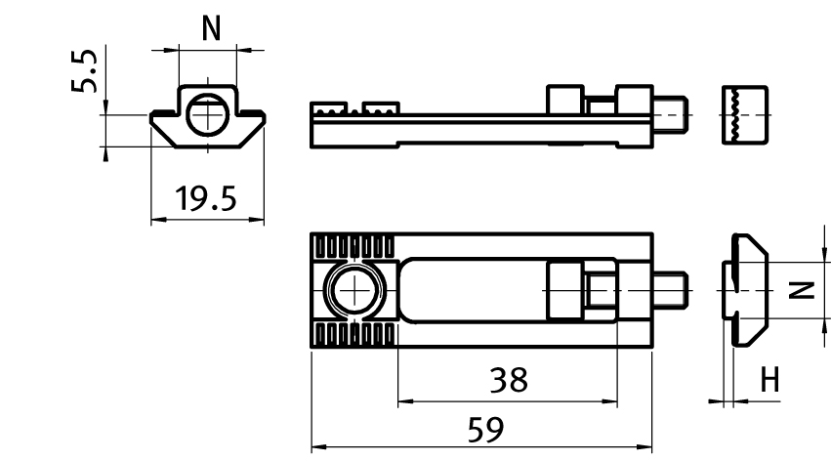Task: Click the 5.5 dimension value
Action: point(84,71)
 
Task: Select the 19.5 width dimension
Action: point(206,198)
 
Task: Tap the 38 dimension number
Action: point(509,380)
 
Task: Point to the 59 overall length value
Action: point(485,430)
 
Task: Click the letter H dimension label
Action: point(770,380)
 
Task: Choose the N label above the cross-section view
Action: point(211,28)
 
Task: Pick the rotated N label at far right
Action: point(802,290)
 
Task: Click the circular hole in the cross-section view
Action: point(208,115)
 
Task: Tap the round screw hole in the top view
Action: point(354,290)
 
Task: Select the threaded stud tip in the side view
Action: point(671,114)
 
